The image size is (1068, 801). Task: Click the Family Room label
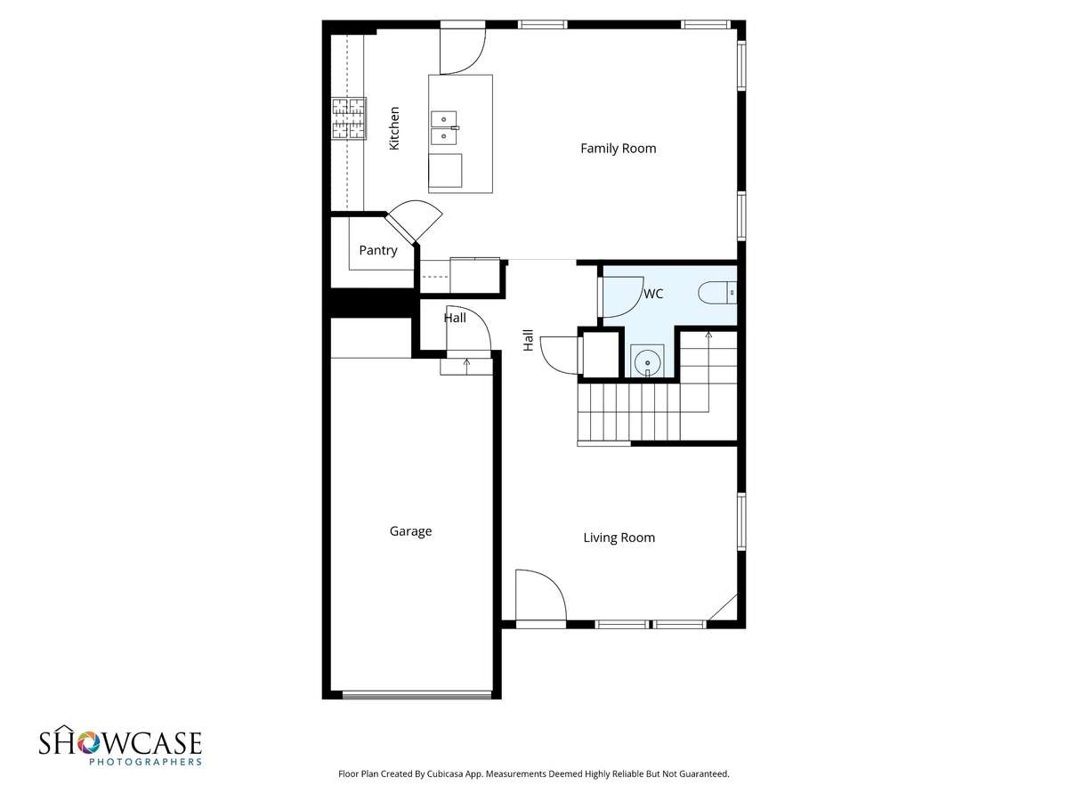point(618,149)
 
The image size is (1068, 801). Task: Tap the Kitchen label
point(394,128)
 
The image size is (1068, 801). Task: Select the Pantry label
point(378,250)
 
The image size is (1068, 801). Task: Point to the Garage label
point(410,531)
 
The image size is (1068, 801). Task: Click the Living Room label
point(619,538)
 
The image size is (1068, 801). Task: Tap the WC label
point(653,294)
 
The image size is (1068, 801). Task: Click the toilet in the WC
point(717,293)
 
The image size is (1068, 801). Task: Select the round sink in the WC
point(647,361)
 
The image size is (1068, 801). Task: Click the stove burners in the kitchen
point(348,118)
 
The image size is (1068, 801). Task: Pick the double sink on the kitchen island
point(444,128)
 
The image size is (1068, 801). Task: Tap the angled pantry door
point(414,222)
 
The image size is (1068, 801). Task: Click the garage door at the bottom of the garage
point(417,695)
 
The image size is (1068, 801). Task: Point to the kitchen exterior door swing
point(463,52)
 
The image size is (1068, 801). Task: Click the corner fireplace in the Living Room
point(723,608)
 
